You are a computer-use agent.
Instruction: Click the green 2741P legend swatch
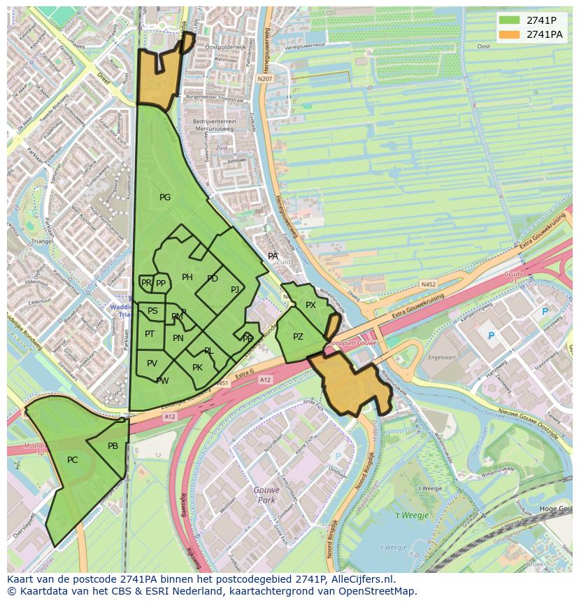pos(510,20)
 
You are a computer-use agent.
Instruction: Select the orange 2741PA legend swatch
pos(510,34)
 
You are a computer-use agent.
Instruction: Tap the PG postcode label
pos(165,197)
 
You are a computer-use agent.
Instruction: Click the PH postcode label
pos(187,277)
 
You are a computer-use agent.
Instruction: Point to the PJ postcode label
pos(235,289)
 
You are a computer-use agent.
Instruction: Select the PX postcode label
pos(310,305)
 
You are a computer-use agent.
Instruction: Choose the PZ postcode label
pos(299,337)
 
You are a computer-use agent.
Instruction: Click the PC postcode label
pos(73,460)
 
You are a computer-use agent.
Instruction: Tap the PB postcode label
pos(113,446)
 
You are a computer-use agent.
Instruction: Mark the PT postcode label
pos(150,334)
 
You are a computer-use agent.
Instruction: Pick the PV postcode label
pos(152,363)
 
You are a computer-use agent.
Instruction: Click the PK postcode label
pos(197,368)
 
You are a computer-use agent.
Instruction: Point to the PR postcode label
pos(146,283)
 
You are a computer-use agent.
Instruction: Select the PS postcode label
pos(152,311)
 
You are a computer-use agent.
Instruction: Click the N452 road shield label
pos(428,284)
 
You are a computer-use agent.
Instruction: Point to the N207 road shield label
pos(264,79)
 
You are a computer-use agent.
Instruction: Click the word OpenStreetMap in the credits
pos(380,591)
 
